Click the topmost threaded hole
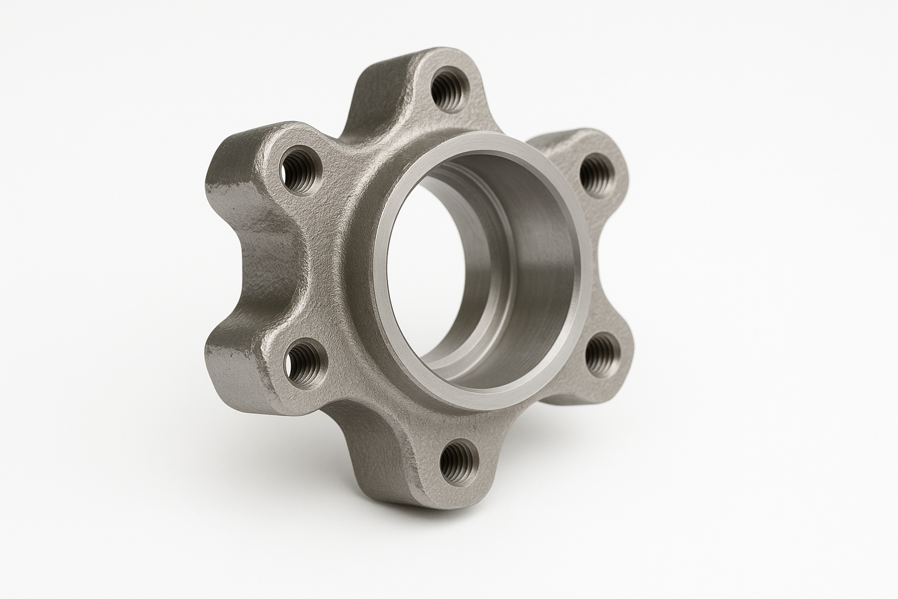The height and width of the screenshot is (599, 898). click(447, 88)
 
